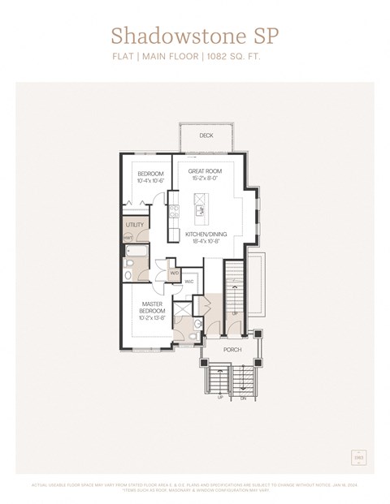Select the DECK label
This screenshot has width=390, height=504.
tap(206, 136)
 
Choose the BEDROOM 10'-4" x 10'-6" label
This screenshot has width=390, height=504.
tap(150, 177)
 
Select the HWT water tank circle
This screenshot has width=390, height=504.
tap(128, 237)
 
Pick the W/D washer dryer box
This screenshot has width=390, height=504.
tap(174, 273)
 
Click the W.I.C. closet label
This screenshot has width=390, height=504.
tap(188, 282)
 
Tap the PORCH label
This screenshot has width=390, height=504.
tap(232, 350)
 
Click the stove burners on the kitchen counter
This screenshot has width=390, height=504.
tap(173, 213)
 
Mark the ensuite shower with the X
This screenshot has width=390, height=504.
tap(183, 308)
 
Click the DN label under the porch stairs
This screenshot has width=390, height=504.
tap(243, 398)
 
